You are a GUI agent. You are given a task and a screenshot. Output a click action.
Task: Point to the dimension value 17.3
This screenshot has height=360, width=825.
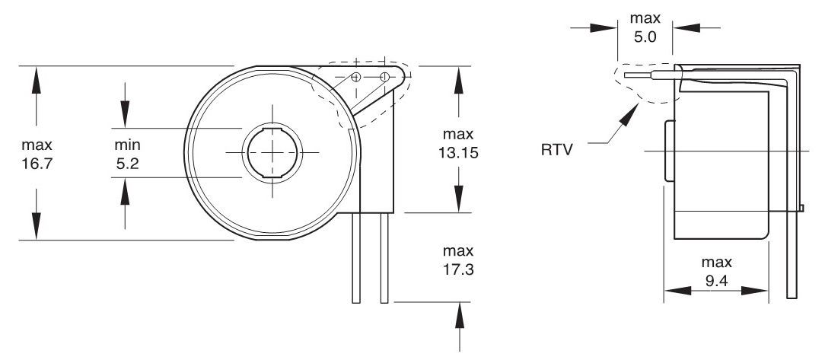[457, 268]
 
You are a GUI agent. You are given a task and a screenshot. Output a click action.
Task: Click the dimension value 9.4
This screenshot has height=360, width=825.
[716, 281]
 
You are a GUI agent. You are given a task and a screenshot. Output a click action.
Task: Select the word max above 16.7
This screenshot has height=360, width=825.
[37, 145]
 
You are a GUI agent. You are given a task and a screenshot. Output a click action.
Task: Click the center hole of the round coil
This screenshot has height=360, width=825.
[272, 151]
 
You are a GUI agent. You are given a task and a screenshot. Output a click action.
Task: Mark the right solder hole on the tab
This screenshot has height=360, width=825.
[384, 77]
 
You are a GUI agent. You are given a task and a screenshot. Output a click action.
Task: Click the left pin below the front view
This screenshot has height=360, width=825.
[355, 259]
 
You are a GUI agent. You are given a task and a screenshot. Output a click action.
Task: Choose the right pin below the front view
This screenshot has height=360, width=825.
[384, 259]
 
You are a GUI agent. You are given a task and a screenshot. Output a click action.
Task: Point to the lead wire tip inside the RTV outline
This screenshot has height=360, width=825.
[626, 75]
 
